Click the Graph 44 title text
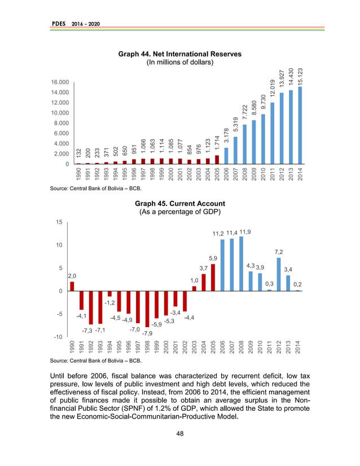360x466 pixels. pos(179,54)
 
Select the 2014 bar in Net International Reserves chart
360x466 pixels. pos(300,125)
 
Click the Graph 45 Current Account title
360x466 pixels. pos(179,203)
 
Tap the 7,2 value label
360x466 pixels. pos(278,252)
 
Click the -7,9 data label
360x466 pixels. pos(147,333)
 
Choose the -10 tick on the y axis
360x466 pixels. pos(58,337)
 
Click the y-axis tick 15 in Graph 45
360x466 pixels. pos(59,222)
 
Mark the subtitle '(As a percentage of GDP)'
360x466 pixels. pos(179,212)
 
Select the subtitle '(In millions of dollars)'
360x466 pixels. pos(179,63)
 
